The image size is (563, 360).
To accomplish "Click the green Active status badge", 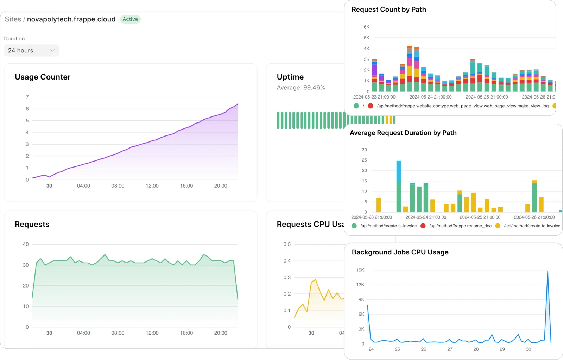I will (130, 19).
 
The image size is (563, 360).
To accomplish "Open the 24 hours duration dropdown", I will (32, 50).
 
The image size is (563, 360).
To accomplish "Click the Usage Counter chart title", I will (43, 77).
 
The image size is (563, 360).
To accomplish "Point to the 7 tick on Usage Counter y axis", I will (27, 97).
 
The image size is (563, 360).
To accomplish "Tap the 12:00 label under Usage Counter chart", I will (152, 186).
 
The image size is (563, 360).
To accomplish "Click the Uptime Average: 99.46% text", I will (301, 88).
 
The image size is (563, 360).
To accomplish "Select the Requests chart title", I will (32, 225).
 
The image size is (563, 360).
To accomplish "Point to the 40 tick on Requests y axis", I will (26, 244).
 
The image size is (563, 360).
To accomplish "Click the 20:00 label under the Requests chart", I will (221, 333).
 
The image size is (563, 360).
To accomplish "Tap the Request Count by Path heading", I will (388, 10).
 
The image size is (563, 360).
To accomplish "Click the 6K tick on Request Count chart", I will (367, 27).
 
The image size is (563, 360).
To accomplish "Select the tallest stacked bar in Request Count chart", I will (409, 69).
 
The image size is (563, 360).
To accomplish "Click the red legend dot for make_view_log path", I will (371, 106).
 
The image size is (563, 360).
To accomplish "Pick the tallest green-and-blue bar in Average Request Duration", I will (399, 187).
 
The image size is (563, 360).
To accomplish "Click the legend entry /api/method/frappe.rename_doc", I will (460, 226).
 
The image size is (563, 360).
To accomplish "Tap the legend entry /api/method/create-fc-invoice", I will (532, 226).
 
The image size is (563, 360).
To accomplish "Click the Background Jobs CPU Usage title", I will (400, 252).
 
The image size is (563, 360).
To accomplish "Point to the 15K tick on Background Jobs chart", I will (360, 270).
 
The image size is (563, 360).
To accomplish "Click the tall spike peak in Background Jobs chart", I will (548, 271).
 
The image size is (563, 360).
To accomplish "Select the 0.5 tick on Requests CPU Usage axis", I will (287, 244).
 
